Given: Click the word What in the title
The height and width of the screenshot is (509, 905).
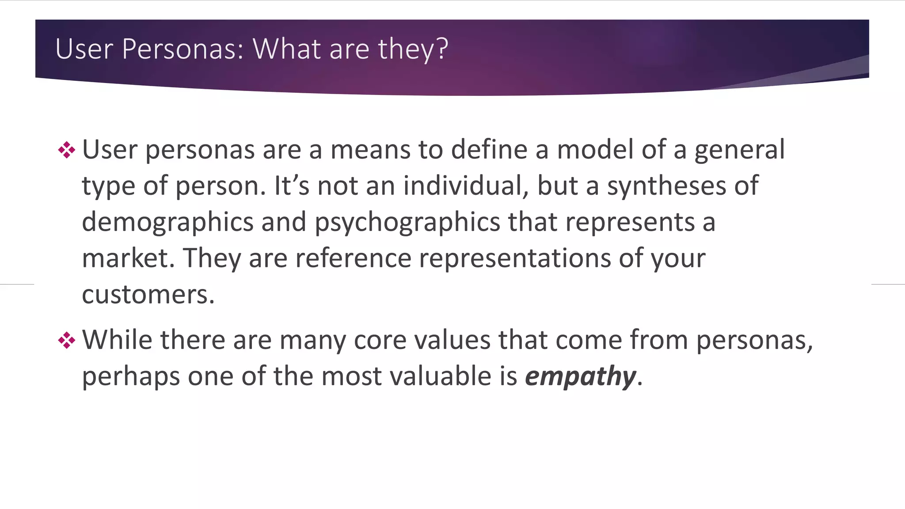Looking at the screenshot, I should tap(286, 49).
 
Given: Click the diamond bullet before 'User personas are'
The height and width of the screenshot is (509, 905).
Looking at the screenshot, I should tap(67, 150).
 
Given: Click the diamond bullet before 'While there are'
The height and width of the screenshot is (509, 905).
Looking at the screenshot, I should tap(67, 340).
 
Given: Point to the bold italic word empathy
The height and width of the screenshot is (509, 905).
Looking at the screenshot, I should tap(581, 377).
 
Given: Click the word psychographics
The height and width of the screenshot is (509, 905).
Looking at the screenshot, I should tap(407, 222).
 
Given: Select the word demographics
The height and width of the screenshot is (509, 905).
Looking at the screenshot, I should tap(167, 222).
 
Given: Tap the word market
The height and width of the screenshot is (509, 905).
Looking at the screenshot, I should tap(125, 258).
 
